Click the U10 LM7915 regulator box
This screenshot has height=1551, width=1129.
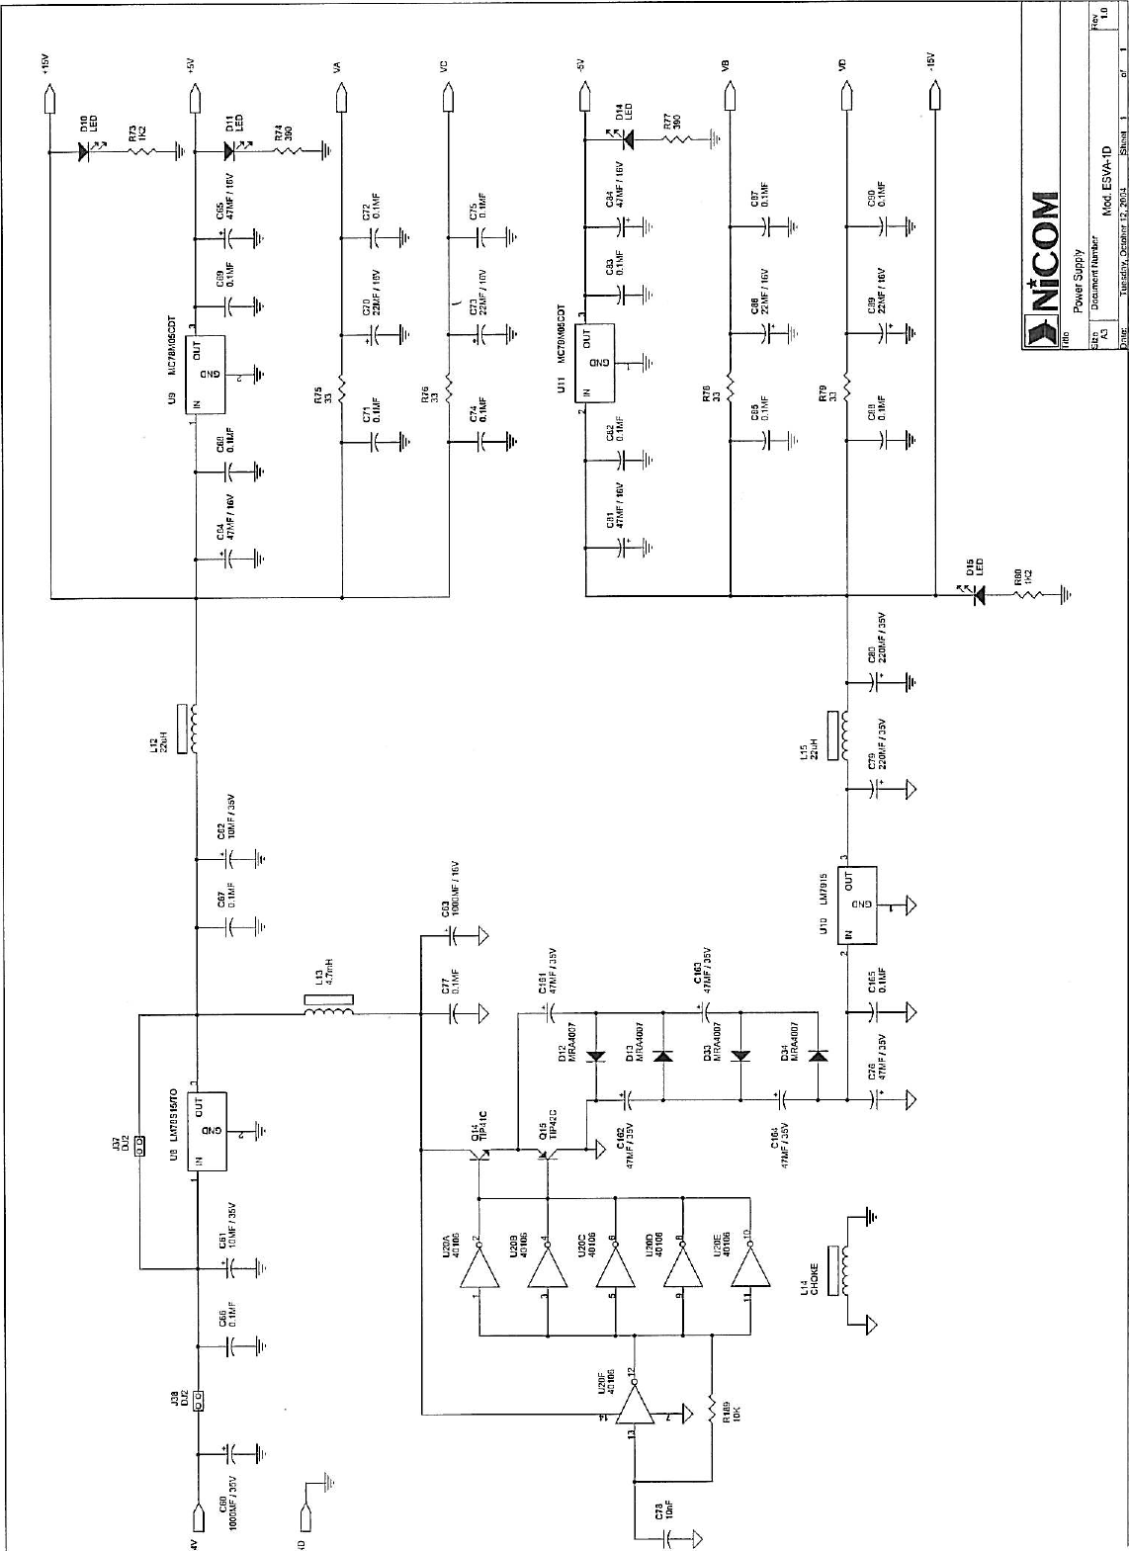click(x=859, y=905)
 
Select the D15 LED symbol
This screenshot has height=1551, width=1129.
click(x=979, y=596)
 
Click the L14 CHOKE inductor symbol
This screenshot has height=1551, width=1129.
click(x=845, y=1270)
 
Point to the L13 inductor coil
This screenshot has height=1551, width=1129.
click(x=328, y=1011)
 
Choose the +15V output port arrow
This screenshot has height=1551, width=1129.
click(x=48, y=99)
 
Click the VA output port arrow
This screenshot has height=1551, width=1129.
click(x=341, y=98)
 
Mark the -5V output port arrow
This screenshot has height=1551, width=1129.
click(x=584, y=98)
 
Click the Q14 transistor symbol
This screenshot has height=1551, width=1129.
click(x=481, y=1151)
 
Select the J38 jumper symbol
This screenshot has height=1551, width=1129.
click(x=198, y=1401)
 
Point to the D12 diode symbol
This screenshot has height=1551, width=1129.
click(x=595, y=1056)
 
